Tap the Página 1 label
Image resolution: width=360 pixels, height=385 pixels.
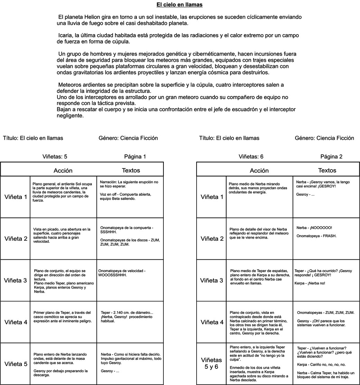tap(135, 156)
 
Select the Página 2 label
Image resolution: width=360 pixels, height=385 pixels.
tap(331, 156)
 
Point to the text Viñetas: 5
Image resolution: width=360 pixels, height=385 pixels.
tap(54, 156)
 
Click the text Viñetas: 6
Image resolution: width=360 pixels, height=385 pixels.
tap(251, 156)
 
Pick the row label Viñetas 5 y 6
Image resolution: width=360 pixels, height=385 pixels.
tap(211, 364)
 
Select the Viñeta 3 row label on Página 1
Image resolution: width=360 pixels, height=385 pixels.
tap(16, 280)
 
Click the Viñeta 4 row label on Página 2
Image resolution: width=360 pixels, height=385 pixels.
tap(212, 322)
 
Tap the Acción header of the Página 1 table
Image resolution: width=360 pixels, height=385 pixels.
tap(63, 171)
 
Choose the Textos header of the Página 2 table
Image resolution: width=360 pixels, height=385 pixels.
tap(327, 170)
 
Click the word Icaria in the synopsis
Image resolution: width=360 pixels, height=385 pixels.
tap(66, 35)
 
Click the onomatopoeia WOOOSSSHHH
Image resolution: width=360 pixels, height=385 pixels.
tap(112, 275)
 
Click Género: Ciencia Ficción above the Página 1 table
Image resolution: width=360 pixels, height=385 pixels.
tap(128, 138)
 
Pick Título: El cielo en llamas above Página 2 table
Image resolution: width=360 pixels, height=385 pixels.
tap(229, 138)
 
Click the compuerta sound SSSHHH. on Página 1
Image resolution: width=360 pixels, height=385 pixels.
tap(108, 232)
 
